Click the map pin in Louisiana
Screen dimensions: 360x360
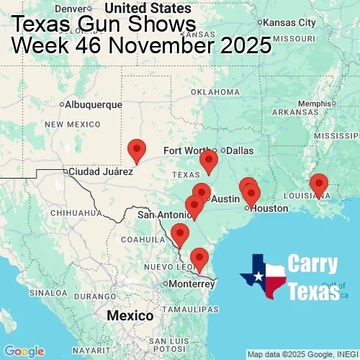[x=318, y=185]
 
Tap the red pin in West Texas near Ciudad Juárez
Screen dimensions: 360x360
[x=137, y=150]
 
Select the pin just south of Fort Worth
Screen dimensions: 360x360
[x=209, y=161]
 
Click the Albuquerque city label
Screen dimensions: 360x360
[x=93, y=104]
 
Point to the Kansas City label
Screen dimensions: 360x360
[x=289, y=22]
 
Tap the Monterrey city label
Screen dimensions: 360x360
[x=192, y=284]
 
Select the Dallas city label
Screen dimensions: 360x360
[x=240, y=150]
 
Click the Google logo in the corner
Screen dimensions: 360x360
[x=24, y=351]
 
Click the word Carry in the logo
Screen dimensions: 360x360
[x=313, y=264]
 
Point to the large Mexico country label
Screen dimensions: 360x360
[x=130, y=316]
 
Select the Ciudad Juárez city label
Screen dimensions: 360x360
[x=101, y=172]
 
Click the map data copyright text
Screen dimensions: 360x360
[x=302, y=354]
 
